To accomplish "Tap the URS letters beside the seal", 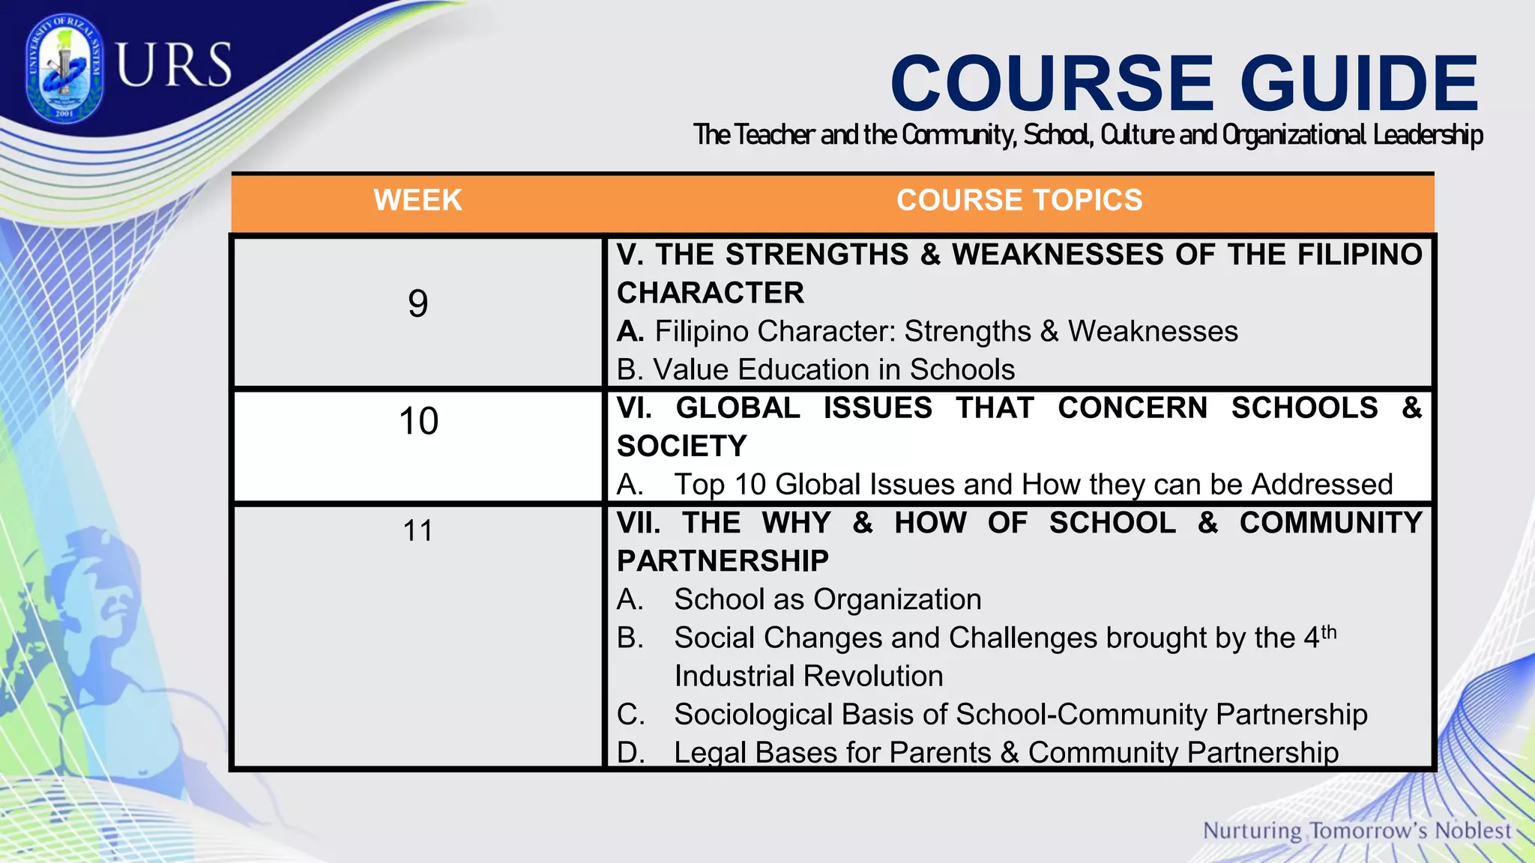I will coord(174,65).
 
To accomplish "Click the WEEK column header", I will coord(417,201).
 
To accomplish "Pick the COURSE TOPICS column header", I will coord(1019,201).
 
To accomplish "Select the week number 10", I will coord(418,421).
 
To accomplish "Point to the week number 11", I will coord(417,531).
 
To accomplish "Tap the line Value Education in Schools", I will coord(815,370).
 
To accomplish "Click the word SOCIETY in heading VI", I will coord(681,446).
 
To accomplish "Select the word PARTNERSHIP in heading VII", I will coord(723,561).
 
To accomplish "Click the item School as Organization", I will coord(827,599).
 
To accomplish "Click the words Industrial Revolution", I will coord(808,676).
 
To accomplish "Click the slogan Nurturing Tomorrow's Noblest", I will coord(1357,831).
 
